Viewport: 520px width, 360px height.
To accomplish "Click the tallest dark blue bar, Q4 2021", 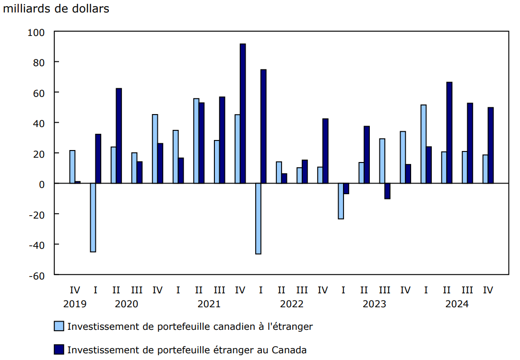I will pos(243,114).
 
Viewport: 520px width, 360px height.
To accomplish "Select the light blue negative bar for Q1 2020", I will pos(93,217).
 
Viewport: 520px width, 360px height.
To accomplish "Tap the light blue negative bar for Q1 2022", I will pos(258,218).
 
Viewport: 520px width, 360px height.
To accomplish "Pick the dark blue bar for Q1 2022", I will pos(263,126).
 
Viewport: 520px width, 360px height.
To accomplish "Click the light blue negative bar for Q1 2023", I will pos(341,201).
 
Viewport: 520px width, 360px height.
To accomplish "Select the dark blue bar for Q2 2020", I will pos(119,136).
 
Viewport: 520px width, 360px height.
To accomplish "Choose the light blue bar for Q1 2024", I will pos(423,144).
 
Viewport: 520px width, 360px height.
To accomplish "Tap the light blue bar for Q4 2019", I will pos(72,167).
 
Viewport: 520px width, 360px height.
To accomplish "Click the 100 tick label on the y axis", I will pos(36,32).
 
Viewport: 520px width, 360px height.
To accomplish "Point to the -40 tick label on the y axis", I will pos(36,245).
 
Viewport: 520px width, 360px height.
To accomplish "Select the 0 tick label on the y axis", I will pos(42,184).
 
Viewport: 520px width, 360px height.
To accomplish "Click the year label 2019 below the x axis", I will pos(75,304).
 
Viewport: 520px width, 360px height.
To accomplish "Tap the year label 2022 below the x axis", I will pos(292,304).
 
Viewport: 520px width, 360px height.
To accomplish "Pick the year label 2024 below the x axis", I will pos(457,304).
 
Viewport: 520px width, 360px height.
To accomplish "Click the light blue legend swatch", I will pos(59,326).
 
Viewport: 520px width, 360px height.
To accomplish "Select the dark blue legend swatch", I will pos(59,350).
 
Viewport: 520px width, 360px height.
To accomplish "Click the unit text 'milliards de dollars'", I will pos(56,9).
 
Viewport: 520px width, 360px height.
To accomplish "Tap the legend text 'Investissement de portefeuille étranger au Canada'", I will pos(187,350).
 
